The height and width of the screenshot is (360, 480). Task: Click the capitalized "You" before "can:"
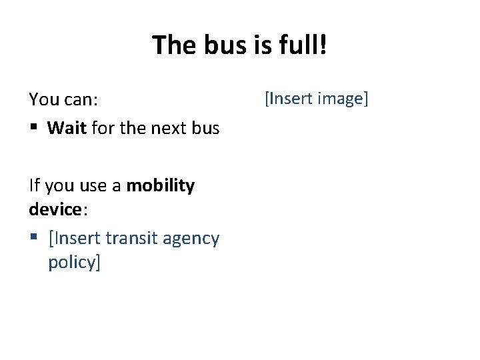pos(43,100)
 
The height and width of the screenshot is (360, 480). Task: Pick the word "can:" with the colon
pos(81,100)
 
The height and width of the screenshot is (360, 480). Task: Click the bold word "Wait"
pos(67,128)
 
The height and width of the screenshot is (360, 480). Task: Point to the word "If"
pos(34,185)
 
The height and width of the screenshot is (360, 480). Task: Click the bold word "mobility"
pos(160,185)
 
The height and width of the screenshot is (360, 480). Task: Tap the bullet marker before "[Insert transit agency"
pos(33,239)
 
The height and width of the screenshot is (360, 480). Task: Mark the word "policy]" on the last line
pos(73,262)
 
